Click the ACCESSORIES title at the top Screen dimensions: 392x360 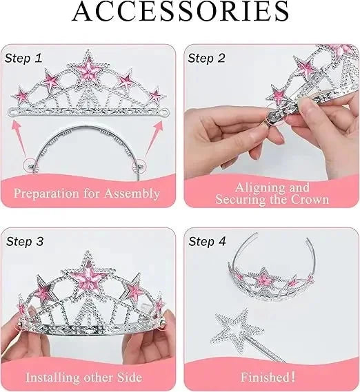point(180,12)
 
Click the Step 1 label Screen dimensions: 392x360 point(25,59)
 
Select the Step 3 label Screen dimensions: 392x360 point(25,241)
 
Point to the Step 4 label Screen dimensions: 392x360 point(208,241)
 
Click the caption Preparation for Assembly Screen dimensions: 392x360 point(87,194)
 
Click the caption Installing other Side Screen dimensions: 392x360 point(83,377)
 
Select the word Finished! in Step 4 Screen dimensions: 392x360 point(268,377)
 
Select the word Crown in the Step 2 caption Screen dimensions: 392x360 point(309,200)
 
